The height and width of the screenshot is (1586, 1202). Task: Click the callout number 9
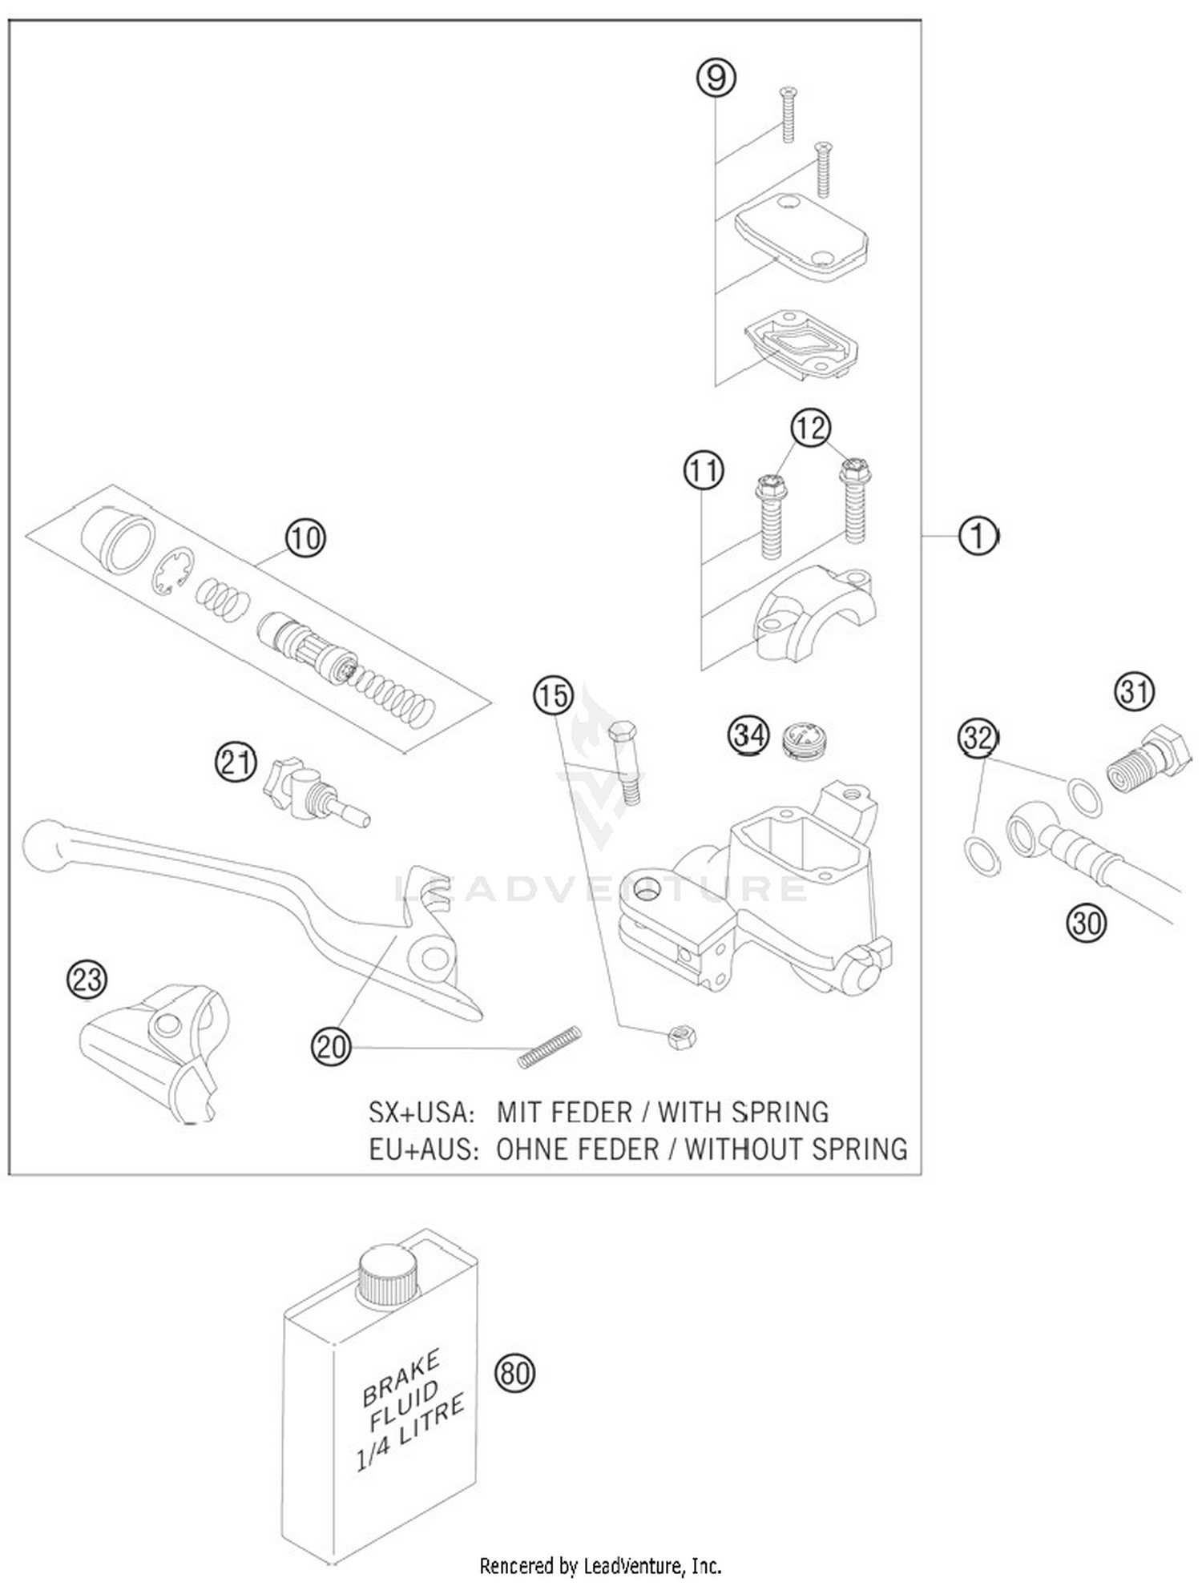coord(716,78)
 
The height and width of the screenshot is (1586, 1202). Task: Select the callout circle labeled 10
coord(305,538)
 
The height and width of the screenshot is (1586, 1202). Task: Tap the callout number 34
coord(748,735)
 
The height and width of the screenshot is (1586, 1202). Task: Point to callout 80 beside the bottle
coord(514,1373)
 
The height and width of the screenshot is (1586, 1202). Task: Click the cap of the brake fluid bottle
coord(389,1274)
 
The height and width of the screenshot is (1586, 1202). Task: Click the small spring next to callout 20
coord(549,1047)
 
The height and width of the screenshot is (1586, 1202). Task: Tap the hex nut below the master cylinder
coord(681,1038)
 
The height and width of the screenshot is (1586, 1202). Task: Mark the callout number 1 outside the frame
coord(978,536)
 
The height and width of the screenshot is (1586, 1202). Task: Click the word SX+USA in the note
coord(422,1112)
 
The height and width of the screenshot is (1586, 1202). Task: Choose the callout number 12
coord(810,428)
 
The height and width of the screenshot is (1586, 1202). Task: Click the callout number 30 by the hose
coord(1086,923)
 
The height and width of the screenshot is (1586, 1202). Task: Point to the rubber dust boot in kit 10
coord(119,540)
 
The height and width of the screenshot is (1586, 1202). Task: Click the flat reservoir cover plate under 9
coord(801,235)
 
